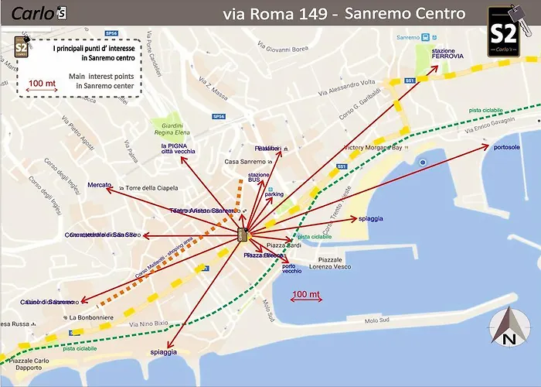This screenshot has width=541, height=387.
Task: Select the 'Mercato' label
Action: tap(100, 186)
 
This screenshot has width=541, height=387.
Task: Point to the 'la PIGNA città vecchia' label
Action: tap(178, 149)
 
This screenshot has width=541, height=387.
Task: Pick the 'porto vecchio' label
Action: tap(292, 269)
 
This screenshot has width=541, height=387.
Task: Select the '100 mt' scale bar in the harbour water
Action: tap(307, 296)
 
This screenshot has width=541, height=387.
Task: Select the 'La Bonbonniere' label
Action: tap(92, 317)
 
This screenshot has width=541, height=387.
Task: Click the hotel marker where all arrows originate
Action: tap(242, 234)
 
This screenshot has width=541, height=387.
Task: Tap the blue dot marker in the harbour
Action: tap(423, 163)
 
